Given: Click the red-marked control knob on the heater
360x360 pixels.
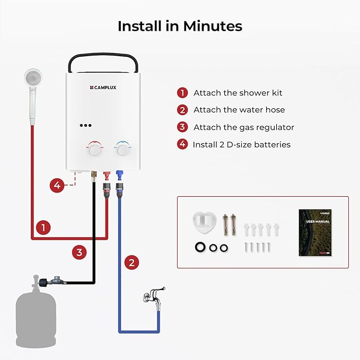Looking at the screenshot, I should pos(95,150).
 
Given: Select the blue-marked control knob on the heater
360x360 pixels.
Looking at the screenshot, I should pos(123,150).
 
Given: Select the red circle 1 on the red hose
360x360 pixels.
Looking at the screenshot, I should pos(44,228).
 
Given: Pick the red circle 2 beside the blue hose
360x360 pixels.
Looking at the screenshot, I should pos(132,261).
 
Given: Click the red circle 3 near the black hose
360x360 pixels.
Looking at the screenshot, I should pos(78,252).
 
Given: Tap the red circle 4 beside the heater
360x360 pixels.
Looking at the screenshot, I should pos(57,185).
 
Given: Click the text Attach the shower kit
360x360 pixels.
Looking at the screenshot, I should pos(238,93).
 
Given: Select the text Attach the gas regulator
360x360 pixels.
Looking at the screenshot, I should pos(243,127).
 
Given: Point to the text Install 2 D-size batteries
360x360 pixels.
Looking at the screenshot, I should pos(241,144).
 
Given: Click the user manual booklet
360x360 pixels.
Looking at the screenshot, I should pos(314,233).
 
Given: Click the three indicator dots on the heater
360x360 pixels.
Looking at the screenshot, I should pos(86,126).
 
